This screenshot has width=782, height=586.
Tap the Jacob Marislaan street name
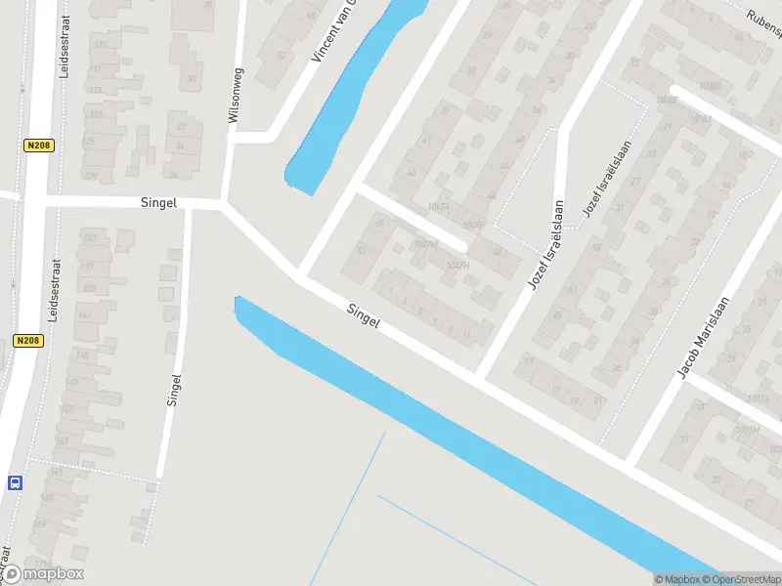[x=704, y=337]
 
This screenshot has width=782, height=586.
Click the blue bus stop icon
[x=16, y=482]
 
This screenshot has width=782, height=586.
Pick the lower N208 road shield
[x=26, y=341]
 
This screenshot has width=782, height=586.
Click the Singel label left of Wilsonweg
[x=158, y=202]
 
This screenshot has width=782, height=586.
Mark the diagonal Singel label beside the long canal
[x=363, y=314]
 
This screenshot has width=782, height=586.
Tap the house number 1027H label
[x=456, y=265]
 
